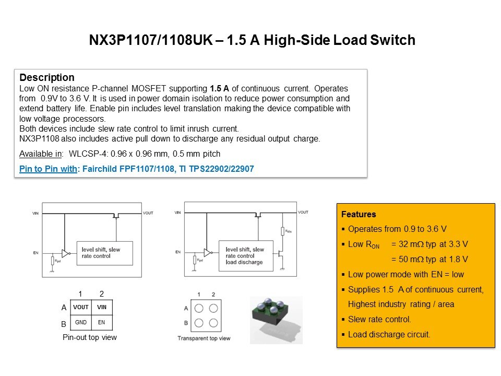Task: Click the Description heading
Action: (47, 77)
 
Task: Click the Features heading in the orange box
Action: (359, 214)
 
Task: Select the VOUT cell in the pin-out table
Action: (80, 307)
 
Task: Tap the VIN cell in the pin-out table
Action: (102, 307)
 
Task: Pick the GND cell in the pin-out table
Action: (80, 322)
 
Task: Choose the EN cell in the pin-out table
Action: (102, 322)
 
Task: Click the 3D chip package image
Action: (276, 320)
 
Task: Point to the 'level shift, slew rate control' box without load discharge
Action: (105, 253)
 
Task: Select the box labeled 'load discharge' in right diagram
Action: (246, 256)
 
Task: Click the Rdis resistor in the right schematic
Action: (282, 231)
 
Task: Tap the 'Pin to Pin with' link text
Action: (48, 169)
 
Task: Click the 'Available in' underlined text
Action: (41, 154)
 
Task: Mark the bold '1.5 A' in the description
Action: (220, 88)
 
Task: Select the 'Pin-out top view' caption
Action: (90, 337)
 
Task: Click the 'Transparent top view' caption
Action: (204, 338)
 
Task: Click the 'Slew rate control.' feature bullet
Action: (379, 320)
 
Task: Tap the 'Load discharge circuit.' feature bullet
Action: (389, 334)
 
